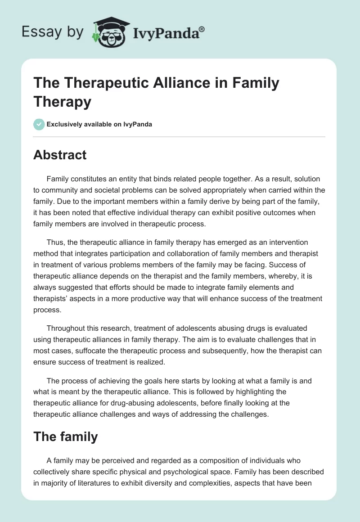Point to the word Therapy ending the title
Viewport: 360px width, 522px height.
coord(62,102)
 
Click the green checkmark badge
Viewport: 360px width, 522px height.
coord(39,124)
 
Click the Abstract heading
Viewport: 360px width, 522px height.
coord(60,155)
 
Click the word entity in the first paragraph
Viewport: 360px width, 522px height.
coord(126,179)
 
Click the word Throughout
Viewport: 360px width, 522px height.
coord(68,328)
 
